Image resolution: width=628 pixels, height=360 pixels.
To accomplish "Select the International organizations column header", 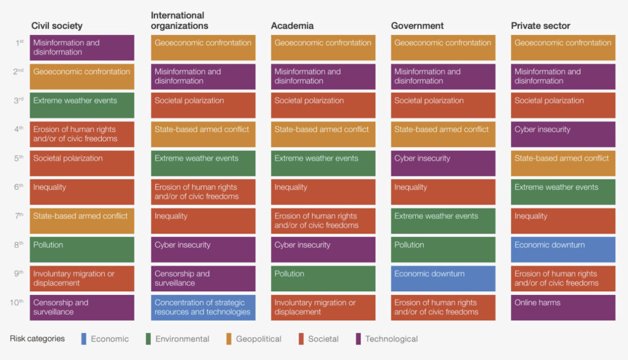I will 179,20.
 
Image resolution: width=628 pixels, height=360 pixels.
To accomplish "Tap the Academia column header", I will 292,26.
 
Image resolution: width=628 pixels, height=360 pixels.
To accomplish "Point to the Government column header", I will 417,26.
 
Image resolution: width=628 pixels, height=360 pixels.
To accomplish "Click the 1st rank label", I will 20,43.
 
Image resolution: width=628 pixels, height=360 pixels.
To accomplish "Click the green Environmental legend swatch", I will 149,339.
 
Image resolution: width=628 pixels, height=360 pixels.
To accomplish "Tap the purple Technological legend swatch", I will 359,339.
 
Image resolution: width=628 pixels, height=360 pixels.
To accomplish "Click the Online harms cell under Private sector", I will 562,307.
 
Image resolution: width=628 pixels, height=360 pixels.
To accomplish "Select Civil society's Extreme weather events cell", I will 82,105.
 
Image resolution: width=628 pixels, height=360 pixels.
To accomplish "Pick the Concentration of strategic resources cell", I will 203,307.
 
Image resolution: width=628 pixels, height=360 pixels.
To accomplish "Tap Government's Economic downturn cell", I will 443,278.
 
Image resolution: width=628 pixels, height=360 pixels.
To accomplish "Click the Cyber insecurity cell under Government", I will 443,163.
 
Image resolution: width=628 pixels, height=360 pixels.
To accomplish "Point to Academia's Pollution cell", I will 323,278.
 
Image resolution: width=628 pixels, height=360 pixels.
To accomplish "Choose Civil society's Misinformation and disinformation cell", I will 82,48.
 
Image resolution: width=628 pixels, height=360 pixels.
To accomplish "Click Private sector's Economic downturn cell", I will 562,250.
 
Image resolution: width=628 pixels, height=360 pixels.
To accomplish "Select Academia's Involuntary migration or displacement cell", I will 323,307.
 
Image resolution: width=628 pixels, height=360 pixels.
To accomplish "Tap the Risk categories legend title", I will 37,339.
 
